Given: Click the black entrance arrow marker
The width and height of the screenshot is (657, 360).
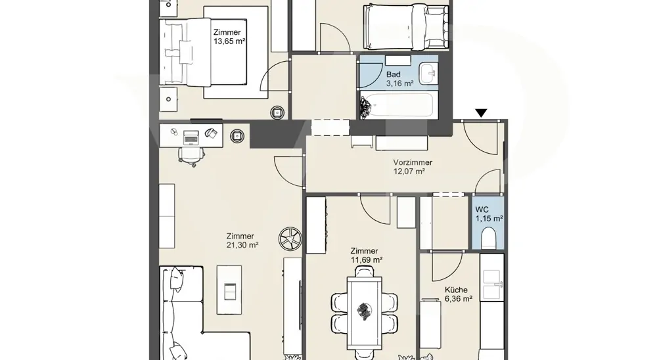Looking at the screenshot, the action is (x=481, y=113).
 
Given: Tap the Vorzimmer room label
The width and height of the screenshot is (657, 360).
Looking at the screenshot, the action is (x=413, y=162).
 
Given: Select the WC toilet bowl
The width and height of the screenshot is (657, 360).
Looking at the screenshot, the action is (x=489, y=238).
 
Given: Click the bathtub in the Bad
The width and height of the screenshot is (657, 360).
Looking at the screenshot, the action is (x=397, y=105).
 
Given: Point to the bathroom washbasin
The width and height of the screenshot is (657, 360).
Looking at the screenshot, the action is (x=428, y=74).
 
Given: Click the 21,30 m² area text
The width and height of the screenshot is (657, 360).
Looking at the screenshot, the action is (x=242, y=245).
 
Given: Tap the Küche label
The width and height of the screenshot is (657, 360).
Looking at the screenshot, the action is (x=456, y=290).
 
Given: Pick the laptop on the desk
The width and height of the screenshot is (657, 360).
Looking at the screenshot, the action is (x=191, y=137).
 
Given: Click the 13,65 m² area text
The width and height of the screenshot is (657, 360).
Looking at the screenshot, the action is (x=229, y=41).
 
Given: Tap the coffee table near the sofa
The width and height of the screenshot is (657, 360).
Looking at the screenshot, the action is (x=229, y=290).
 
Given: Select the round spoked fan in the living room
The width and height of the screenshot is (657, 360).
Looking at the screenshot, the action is (x=290, y=239).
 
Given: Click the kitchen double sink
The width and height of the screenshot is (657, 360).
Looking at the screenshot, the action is (x=492, y=284).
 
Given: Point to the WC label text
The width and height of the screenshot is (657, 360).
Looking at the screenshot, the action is (x=482, y=210).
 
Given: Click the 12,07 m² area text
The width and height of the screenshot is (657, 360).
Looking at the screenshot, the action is (x=409, y=171).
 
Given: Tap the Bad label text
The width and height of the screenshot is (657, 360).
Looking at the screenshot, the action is (x=393, y=75).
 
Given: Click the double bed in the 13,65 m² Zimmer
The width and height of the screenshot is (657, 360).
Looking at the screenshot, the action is (x=185, y=52).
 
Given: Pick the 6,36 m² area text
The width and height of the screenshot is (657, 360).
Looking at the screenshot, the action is (x=459, y=299).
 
